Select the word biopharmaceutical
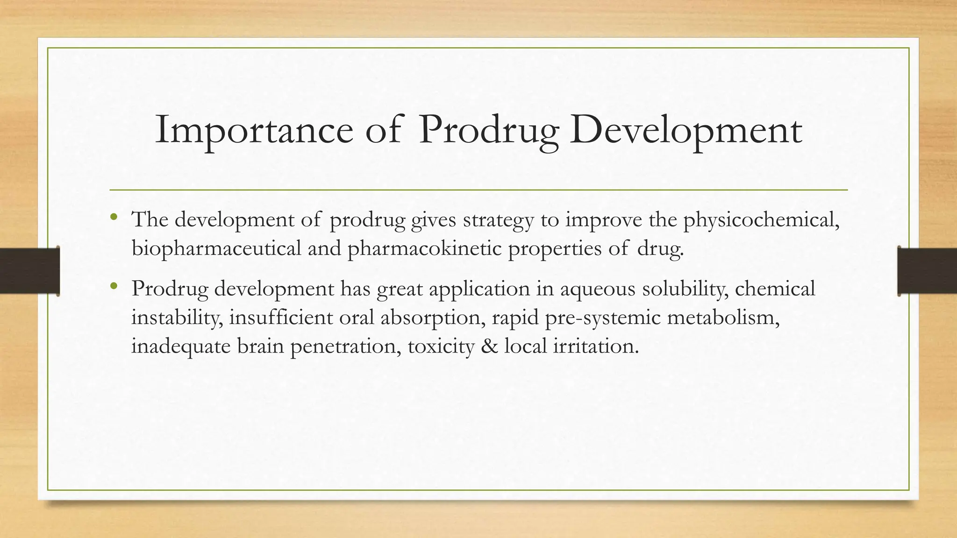[216, 248]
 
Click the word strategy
[498, 220]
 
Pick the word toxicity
[441, 346]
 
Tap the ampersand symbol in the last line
[489, 346]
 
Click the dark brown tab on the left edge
[29, 271]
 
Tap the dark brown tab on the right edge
[927, 271]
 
